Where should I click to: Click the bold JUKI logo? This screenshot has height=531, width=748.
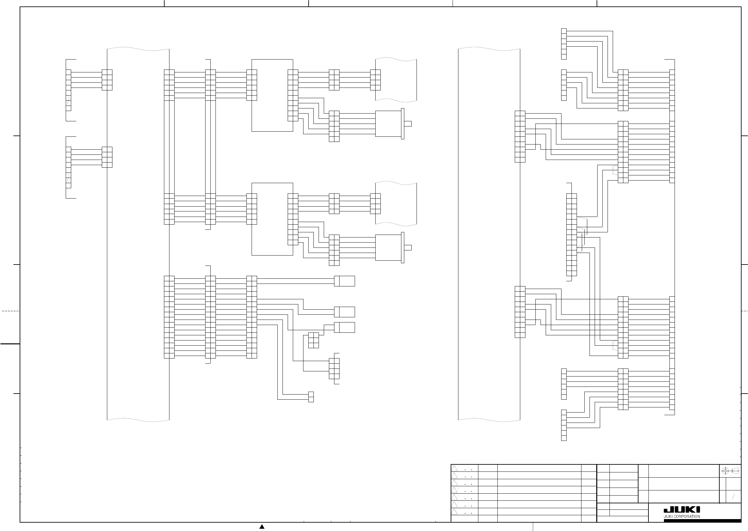pos(682,510)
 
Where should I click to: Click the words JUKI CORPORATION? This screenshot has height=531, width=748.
pos(682,517)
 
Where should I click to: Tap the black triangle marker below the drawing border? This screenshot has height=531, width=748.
pos(262,526)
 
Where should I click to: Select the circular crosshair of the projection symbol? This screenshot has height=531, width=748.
pos(725,471)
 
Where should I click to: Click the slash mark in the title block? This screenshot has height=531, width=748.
pos(733,497)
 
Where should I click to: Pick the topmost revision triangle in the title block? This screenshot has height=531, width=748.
pos(454,468)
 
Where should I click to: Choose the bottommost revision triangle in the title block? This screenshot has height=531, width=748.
pos(454,512)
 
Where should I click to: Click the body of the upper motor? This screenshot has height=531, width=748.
pos(388,124)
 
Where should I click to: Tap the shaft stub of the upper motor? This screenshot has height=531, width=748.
pos(408,124)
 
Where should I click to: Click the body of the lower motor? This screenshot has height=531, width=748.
pos(388,247)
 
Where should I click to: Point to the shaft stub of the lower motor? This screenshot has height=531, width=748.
pos(408,247)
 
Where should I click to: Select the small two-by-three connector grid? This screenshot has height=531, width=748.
pos(313,340)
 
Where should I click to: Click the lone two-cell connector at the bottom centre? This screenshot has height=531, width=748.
pos(311,397)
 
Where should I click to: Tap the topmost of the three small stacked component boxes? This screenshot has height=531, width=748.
pos(345,281)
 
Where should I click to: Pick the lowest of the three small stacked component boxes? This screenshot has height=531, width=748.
pos(345,327)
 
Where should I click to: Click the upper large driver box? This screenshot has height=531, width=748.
pos(272,96)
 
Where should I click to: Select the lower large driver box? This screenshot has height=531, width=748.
pos(272,219)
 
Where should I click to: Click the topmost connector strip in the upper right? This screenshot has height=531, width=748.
pos(564,44)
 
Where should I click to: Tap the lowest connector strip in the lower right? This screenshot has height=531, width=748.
pos(564,425)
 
